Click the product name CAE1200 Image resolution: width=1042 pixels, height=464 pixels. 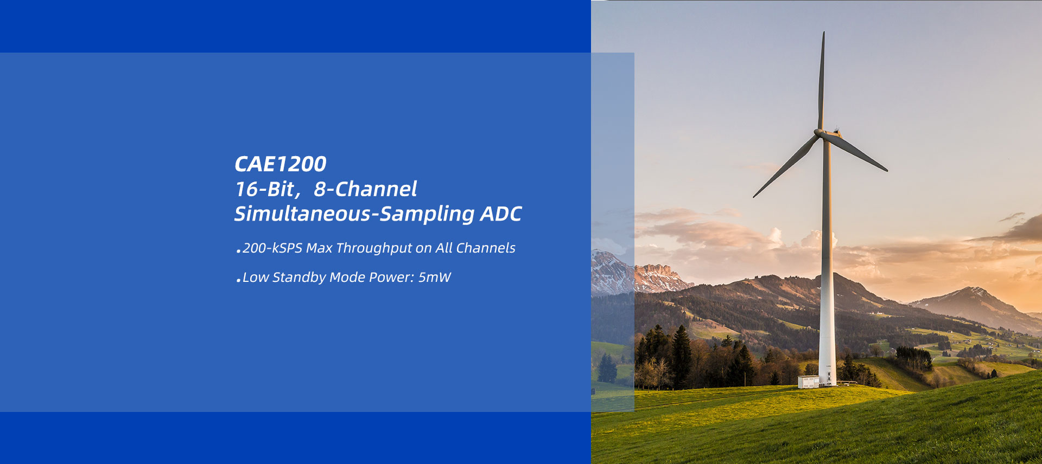point(281,164)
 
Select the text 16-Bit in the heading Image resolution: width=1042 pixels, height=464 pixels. point(265,189)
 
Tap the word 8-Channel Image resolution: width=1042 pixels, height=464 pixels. point(365,189)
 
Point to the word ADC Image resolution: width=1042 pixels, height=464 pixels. point(501,214)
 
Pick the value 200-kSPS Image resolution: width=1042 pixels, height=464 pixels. point(272,248)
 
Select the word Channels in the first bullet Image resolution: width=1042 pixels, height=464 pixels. point(486,248)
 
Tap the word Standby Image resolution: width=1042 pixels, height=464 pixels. point(299,278)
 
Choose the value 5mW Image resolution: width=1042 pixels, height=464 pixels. point(434,278)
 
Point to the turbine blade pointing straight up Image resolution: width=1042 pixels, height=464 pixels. point(822,81)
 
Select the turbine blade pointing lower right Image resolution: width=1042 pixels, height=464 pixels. point(856,152)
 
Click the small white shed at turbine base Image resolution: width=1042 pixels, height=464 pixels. point(808,382)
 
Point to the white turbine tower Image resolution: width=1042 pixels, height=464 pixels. point(827,260)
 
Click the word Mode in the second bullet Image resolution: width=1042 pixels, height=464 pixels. point(347,278)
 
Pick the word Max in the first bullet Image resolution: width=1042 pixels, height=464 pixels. point(319,248)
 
